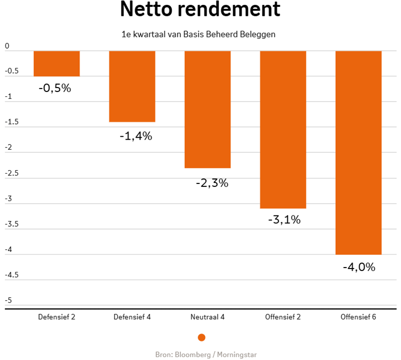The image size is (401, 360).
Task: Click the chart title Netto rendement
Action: click(x=200, y=10)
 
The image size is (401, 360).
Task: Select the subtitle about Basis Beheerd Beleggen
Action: click(x=199, y=35)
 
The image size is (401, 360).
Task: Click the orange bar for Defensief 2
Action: click(x=56, y=64)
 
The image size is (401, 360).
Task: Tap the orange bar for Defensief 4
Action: click(x=132, y=86)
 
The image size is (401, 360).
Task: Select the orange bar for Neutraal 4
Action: click(x=208, y=109)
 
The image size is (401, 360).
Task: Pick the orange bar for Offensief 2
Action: click(x=283, y=129)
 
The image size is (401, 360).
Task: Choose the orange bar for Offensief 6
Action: click(x=358, y=152)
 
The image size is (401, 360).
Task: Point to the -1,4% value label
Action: click(x=136, y=136)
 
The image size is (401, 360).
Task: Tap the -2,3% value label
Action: click(x=212, y=183)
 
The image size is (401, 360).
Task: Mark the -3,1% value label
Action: click(x=284, y=219)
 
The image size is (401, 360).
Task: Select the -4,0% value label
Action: click(x=359, y=267)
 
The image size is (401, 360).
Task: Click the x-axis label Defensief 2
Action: click(x=56, y=317)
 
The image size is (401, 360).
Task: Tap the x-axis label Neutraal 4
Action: click(x=208, y=317)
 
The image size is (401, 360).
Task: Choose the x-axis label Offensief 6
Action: click(x=358, y=317)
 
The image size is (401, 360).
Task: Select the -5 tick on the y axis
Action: click(x=8, y=300)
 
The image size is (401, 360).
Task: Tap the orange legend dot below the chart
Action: click(x=202, y=337)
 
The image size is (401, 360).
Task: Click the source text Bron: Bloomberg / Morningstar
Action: click(x=206, y=354)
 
